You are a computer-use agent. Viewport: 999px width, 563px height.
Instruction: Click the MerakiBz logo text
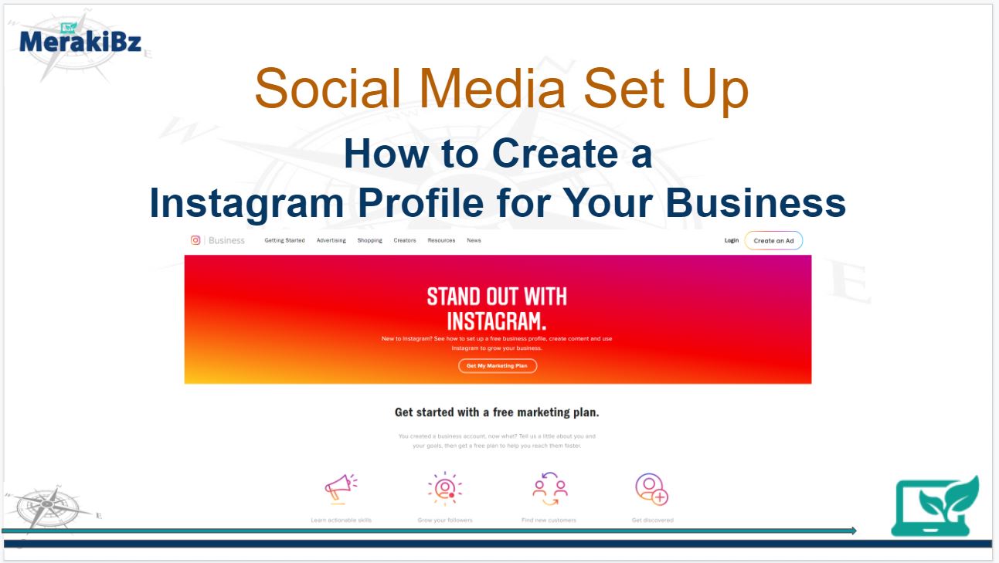click(80, 42)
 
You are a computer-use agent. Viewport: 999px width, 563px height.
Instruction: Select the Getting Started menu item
click(284, 240)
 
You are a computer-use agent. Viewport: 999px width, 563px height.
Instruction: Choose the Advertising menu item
click(331, 240)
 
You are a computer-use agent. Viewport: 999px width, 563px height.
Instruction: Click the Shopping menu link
click(369, 240)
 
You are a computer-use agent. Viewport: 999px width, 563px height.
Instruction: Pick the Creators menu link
click(405, 240)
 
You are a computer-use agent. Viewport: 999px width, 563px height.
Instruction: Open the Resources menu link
click(441, 240)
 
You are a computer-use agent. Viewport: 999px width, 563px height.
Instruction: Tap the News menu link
click(474, 240)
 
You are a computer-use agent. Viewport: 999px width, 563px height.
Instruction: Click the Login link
click(731, 240)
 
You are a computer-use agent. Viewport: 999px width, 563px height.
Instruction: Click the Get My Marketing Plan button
click(498, 366)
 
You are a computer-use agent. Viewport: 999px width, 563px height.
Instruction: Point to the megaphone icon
click(341, 487)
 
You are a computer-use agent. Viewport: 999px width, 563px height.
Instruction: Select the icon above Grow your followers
click(445, 488)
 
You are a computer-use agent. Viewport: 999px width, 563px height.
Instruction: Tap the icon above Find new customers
click(549, 488)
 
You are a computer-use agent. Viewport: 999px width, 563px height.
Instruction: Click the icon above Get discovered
click(651, 488)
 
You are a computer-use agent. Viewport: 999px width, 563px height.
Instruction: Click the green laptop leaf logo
click(935, 507)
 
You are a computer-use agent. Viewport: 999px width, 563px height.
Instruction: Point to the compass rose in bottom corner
click(48, 507)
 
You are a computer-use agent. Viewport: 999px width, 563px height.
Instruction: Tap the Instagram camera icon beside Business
click(195, 240)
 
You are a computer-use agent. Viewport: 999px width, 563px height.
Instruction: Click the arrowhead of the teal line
click(853, 531)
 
